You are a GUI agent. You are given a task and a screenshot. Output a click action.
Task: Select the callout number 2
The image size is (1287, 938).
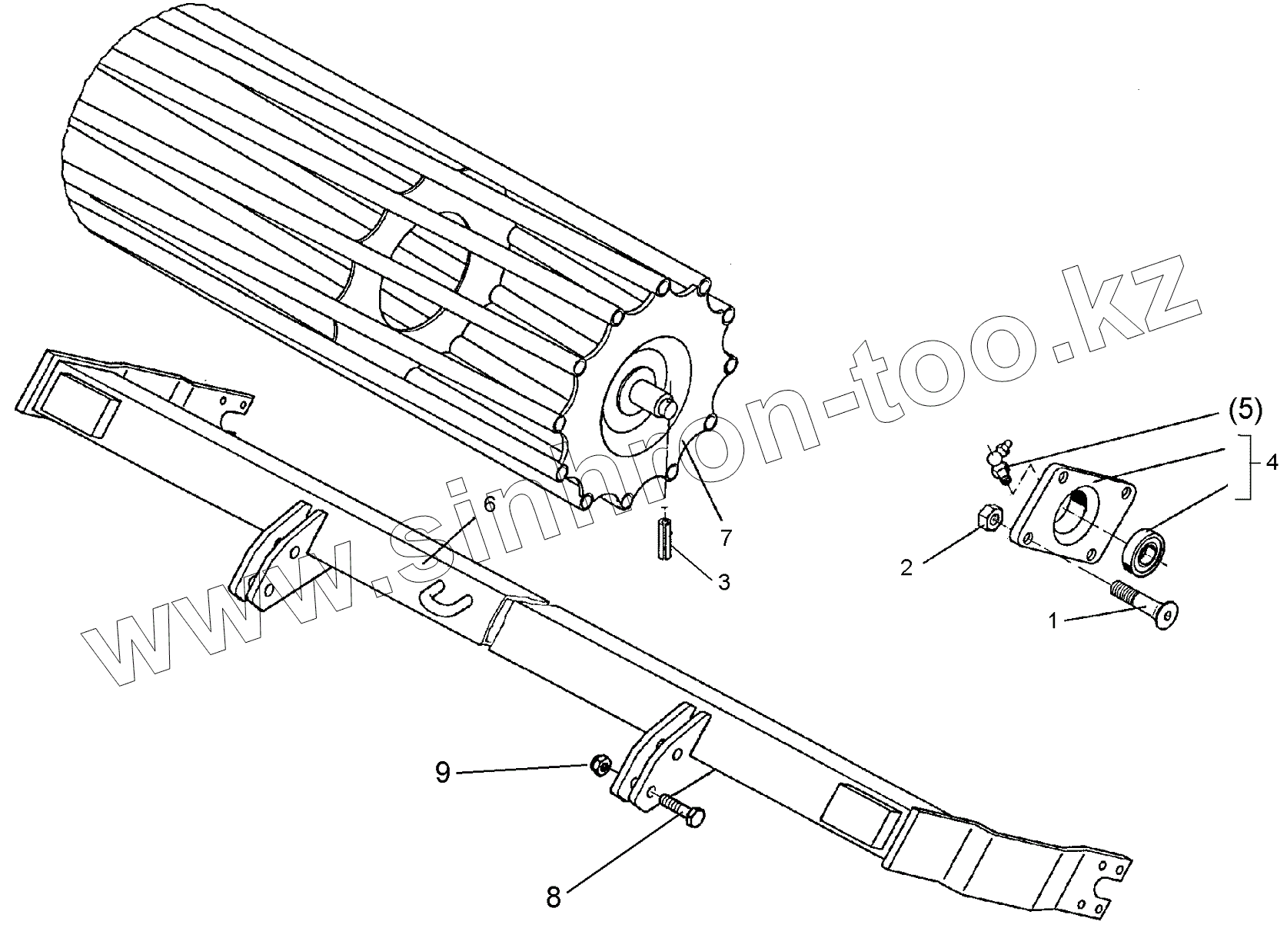click(x=907, y=567)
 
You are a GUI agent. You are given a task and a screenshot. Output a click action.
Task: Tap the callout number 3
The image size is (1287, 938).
click(x=723, y=582)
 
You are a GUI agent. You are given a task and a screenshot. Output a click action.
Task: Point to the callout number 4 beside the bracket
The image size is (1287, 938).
click(x=1272, y=463)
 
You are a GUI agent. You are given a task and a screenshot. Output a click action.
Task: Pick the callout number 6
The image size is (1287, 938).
click(x=490, y=505)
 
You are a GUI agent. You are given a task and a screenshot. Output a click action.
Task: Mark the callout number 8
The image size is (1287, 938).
click(x=553, y=897)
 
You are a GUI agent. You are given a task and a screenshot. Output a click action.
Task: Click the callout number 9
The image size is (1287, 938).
click(x=443, y=771)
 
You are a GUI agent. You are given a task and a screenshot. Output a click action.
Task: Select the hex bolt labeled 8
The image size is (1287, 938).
click(x=680, y=812)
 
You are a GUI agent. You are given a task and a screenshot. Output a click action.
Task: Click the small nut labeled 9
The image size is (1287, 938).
click(x=601, y=764)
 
